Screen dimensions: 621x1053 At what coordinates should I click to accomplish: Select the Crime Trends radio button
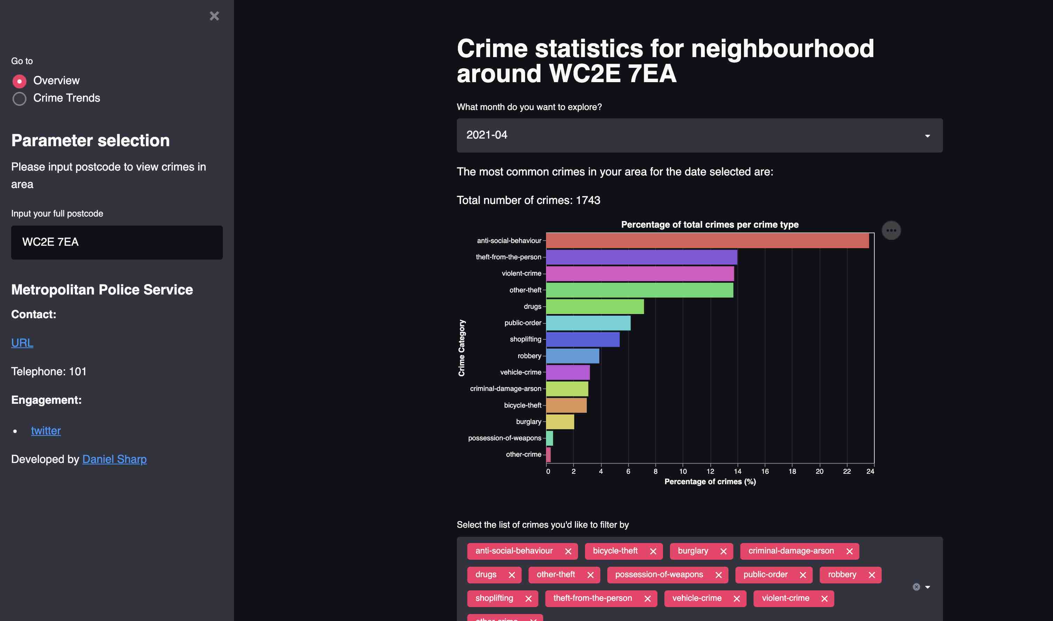[19, 99]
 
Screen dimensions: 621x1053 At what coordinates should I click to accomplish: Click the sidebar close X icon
[214, 16]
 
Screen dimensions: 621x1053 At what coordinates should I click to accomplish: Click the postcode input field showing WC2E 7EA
[117, 242]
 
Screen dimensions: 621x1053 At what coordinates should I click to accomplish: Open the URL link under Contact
[22, 343]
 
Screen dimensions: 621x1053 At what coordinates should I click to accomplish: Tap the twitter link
[46, 431]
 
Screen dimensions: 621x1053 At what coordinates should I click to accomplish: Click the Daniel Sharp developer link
[114, 459]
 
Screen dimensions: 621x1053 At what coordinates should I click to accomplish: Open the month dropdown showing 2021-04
[699, 135]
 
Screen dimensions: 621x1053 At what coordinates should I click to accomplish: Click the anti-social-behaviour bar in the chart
[707, 241]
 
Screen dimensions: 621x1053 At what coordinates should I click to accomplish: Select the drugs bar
[595, 306]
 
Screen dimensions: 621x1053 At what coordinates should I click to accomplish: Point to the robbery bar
[572, 356]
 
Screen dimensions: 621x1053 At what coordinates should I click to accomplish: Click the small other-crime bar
[548, 455]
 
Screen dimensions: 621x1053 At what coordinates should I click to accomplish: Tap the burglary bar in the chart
[560, 422]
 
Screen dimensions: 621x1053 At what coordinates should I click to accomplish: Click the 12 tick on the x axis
[710, 471]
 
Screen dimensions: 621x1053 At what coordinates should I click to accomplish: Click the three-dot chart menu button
[891, 230]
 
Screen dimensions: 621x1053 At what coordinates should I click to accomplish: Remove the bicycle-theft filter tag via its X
[653, 551]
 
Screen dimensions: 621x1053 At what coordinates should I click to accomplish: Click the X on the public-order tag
[803, 575]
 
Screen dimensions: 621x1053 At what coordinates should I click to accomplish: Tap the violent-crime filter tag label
[785, 598]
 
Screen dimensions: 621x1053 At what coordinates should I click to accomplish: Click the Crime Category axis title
[461, 348]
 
